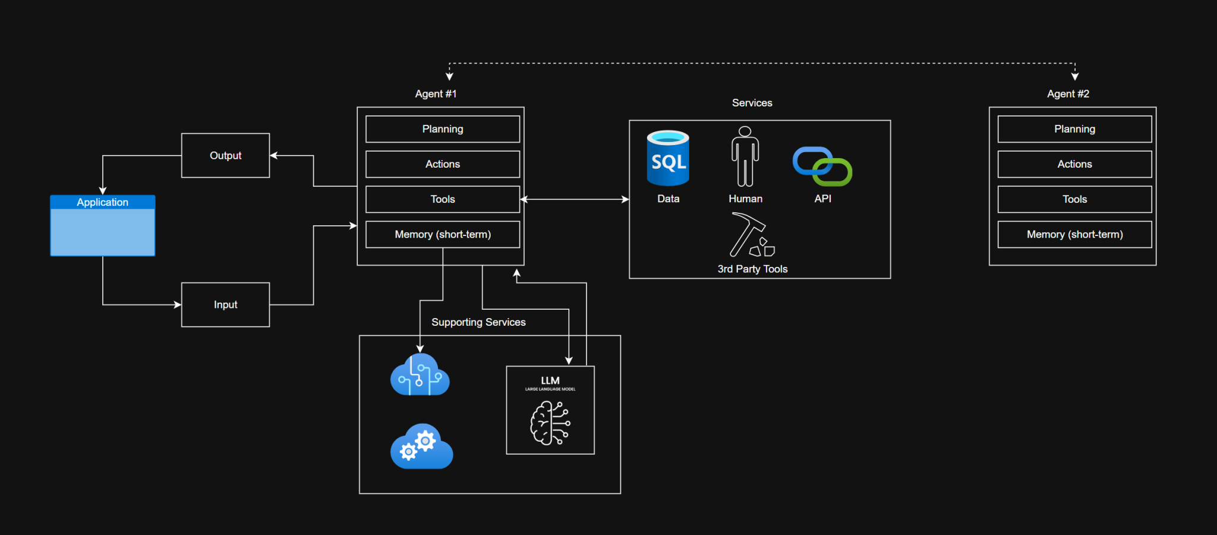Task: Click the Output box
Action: point(225,155)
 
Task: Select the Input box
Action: point(225,304)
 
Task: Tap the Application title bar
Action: point(102,202)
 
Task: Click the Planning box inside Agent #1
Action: point(442,129)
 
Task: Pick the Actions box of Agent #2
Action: point(1074,164)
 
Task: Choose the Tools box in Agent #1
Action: point(442,199)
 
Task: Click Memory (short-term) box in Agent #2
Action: point(1074,234)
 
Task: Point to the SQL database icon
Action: point(668,158)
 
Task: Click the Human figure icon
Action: point(745,156)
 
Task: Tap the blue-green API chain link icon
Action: point(822,166)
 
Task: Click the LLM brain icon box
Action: point(550,410)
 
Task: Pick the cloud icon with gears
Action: point(421,446)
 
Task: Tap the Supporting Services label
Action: point(478,322)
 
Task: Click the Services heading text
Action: point(752,103)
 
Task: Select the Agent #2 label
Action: point(1068,94)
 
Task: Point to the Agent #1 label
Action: point(436,94)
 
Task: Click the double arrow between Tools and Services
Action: point(575,199)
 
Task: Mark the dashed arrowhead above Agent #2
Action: point(1074,76)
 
